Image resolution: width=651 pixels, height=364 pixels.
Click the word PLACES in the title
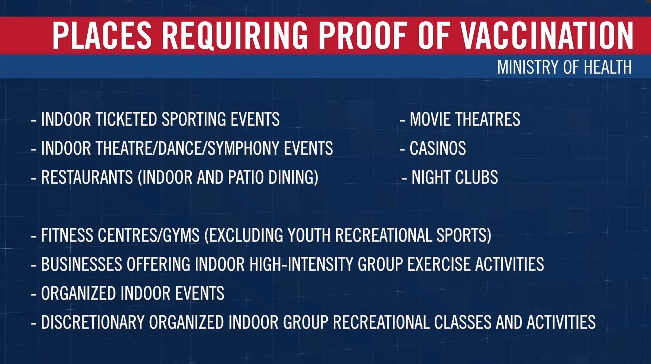(x=102, y=35)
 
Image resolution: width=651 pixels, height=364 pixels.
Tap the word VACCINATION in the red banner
(x=547, y=35)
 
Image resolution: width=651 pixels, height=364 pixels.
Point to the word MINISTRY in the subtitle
(x=528, y=67)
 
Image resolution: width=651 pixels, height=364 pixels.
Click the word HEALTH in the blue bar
(x=608, y=67)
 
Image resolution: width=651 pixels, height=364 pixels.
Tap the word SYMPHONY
(x=243, y=148)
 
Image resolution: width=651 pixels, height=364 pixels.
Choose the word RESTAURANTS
(x=87, y=177)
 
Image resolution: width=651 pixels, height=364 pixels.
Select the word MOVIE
(x=430, y=119)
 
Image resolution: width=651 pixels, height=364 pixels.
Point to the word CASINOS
(x=438, y=148)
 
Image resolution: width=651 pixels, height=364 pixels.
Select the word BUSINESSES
(x=82, y=264)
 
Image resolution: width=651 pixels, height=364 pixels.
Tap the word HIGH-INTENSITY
(x=301, y=264)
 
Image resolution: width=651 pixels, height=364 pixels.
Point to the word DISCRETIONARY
(x=93, y=322)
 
